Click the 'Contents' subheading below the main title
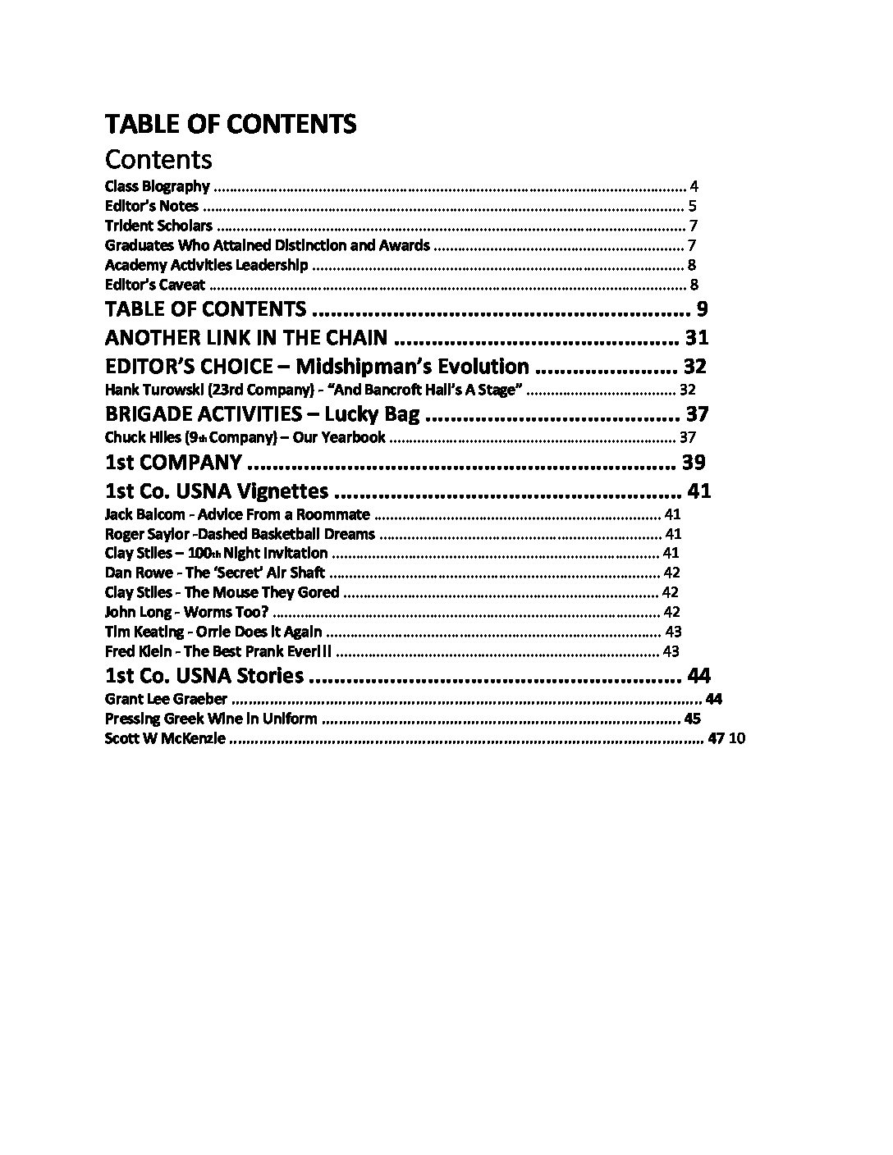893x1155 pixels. pos(158,158)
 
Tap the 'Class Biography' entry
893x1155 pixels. pos(157,186)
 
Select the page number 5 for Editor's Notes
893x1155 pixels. pos(693,206)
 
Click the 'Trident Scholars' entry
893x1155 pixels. pos(158,226)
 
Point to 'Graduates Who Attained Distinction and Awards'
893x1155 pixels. pos(267,245)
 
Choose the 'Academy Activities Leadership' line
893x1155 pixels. pos(206,265)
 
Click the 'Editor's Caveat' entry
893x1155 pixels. pos(154,285)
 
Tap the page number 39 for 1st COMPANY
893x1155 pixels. pos(694,462)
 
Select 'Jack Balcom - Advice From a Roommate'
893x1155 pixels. pos(237,514)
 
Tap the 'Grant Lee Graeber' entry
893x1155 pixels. pos(166,699)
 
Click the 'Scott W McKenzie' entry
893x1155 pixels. pos(164,738)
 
